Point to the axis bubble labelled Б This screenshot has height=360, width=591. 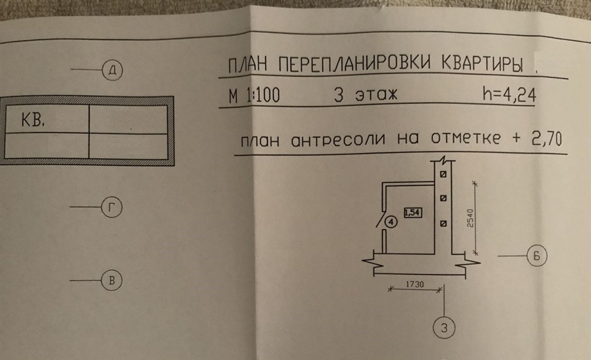click(536, 256)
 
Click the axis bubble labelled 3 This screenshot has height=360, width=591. click(443, 329)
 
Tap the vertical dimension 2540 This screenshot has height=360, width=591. click(470, 217)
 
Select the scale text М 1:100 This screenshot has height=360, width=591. click(254, 96)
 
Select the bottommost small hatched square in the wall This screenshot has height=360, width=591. click(443, 223)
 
